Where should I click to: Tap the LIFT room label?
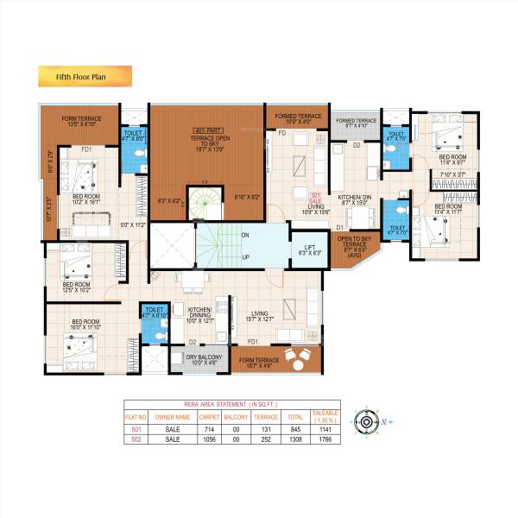(x=306, y=250)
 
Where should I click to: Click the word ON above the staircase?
(x=245, y=235)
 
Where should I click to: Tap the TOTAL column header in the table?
(x=295, y=416)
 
